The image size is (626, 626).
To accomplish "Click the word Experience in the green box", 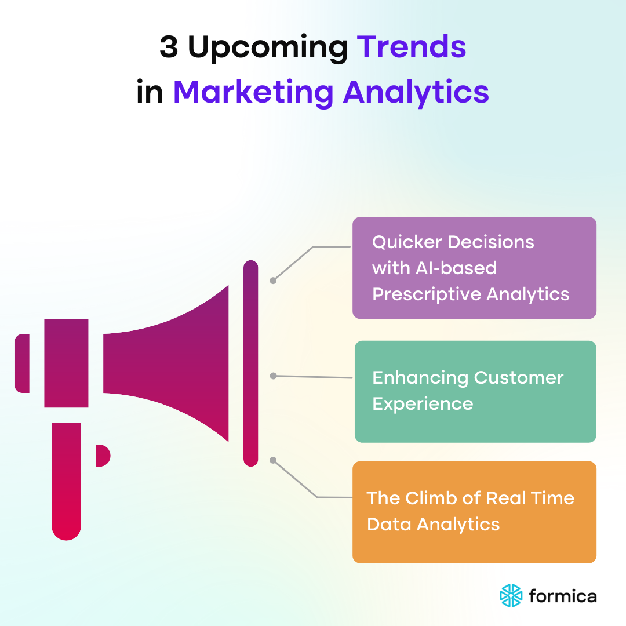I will coord(423,404).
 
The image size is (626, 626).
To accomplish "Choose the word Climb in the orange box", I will coord(429,498).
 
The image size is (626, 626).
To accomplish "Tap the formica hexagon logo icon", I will coord(511,595).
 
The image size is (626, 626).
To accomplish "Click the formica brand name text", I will coord(563,595).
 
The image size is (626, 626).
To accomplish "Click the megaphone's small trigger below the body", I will coord(102,455).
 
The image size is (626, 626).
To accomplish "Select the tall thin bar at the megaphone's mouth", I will coord(250,363).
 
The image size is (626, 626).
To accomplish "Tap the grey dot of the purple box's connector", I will coord(273,281).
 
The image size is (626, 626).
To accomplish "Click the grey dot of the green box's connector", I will coord(274,376).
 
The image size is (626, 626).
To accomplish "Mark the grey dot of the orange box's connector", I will coord(274,460).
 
